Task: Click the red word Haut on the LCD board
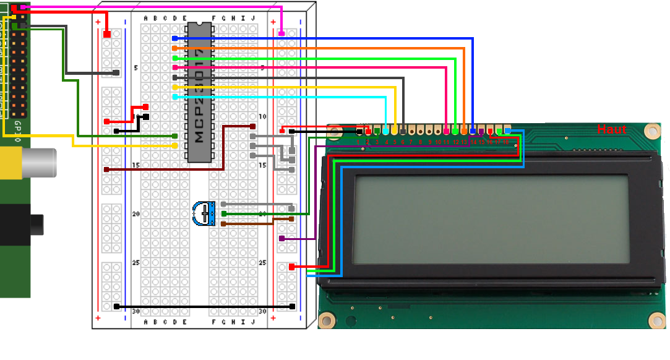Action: [611, 129]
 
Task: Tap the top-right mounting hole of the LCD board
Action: [651, 131]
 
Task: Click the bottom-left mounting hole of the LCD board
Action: [327, 320]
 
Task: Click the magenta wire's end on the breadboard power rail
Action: [282, 33]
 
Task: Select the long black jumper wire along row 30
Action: [204, 306]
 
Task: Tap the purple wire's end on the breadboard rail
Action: [282, 238]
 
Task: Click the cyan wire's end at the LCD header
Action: [385, 131]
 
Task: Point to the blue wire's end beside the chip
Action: [175, 38]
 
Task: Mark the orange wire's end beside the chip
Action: [175, 48]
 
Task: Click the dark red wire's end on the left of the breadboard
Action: [107, 169]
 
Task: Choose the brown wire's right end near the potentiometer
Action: [291, 218]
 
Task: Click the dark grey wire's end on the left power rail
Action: [116, 73]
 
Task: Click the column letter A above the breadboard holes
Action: [146, 19]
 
